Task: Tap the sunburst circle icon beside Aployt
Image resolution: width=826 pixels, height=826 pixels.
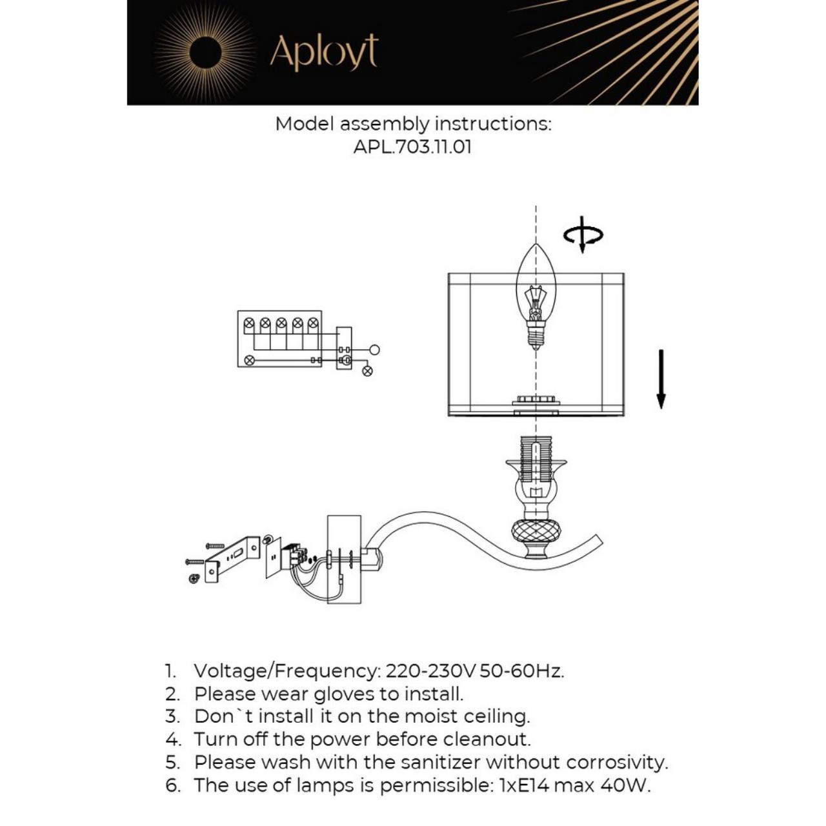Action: click(205, 52)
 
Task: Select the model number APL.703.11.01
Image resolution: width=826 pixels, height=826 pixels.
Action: click(412, 146)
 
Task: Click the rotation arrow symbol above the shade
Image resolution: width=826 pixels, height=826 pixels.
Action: click(583, 235)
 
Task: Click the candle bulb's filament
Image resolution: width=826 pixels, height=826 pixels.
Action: click(535, 300)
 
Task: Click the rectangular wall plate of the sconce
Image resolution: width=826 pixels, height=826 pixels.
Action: click(344, 559)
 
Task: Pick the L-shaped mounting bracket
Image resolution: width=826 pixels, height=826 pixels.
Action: click(232, 555)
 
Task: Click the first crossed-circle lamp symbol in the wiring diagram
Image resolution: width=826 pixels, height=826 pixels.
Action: click(249, 322)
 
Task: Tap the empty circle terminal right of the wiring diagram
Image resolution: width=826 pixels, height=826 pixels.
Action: click(374, 350)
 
